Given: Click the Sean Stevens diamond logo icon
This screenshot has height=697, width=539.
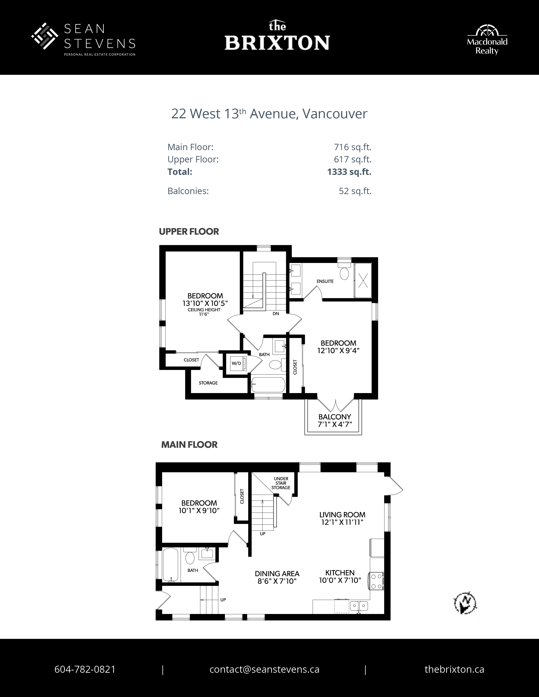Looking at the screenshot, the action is point(44,36).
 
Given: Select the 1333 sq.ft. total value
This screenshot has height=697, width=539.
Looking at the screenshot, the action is point(349,172).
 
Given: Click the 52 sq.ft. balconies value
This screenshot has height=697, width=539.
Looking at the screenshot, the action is point(355,191).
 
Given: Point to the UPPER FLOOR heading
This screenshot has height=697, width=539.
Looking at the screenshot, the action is point(189,232).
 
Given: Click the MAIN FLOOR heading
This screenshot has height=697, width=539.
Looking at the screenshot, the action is point(189,445).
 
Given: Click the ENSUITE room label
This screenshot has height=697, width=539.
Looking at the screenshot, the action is point(325,281).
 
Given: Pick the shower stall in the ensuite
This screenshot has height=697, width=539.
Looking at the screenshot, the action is point(363,280).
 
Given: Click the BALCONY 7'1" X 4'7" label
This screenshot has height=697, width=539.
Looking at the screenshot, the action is point(335,421).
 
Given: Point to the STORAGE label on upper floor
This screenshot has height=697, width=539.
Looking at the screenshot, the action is point(208,383).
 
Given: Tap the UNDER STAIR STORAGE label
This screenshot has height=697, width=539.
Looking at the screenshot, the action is point(281,483).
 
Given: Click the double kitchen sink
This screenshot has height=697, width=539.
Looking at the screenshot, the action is point(359,606).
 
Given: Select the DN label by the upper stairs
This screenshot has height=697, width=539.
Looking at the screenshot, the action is point(276,314).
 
